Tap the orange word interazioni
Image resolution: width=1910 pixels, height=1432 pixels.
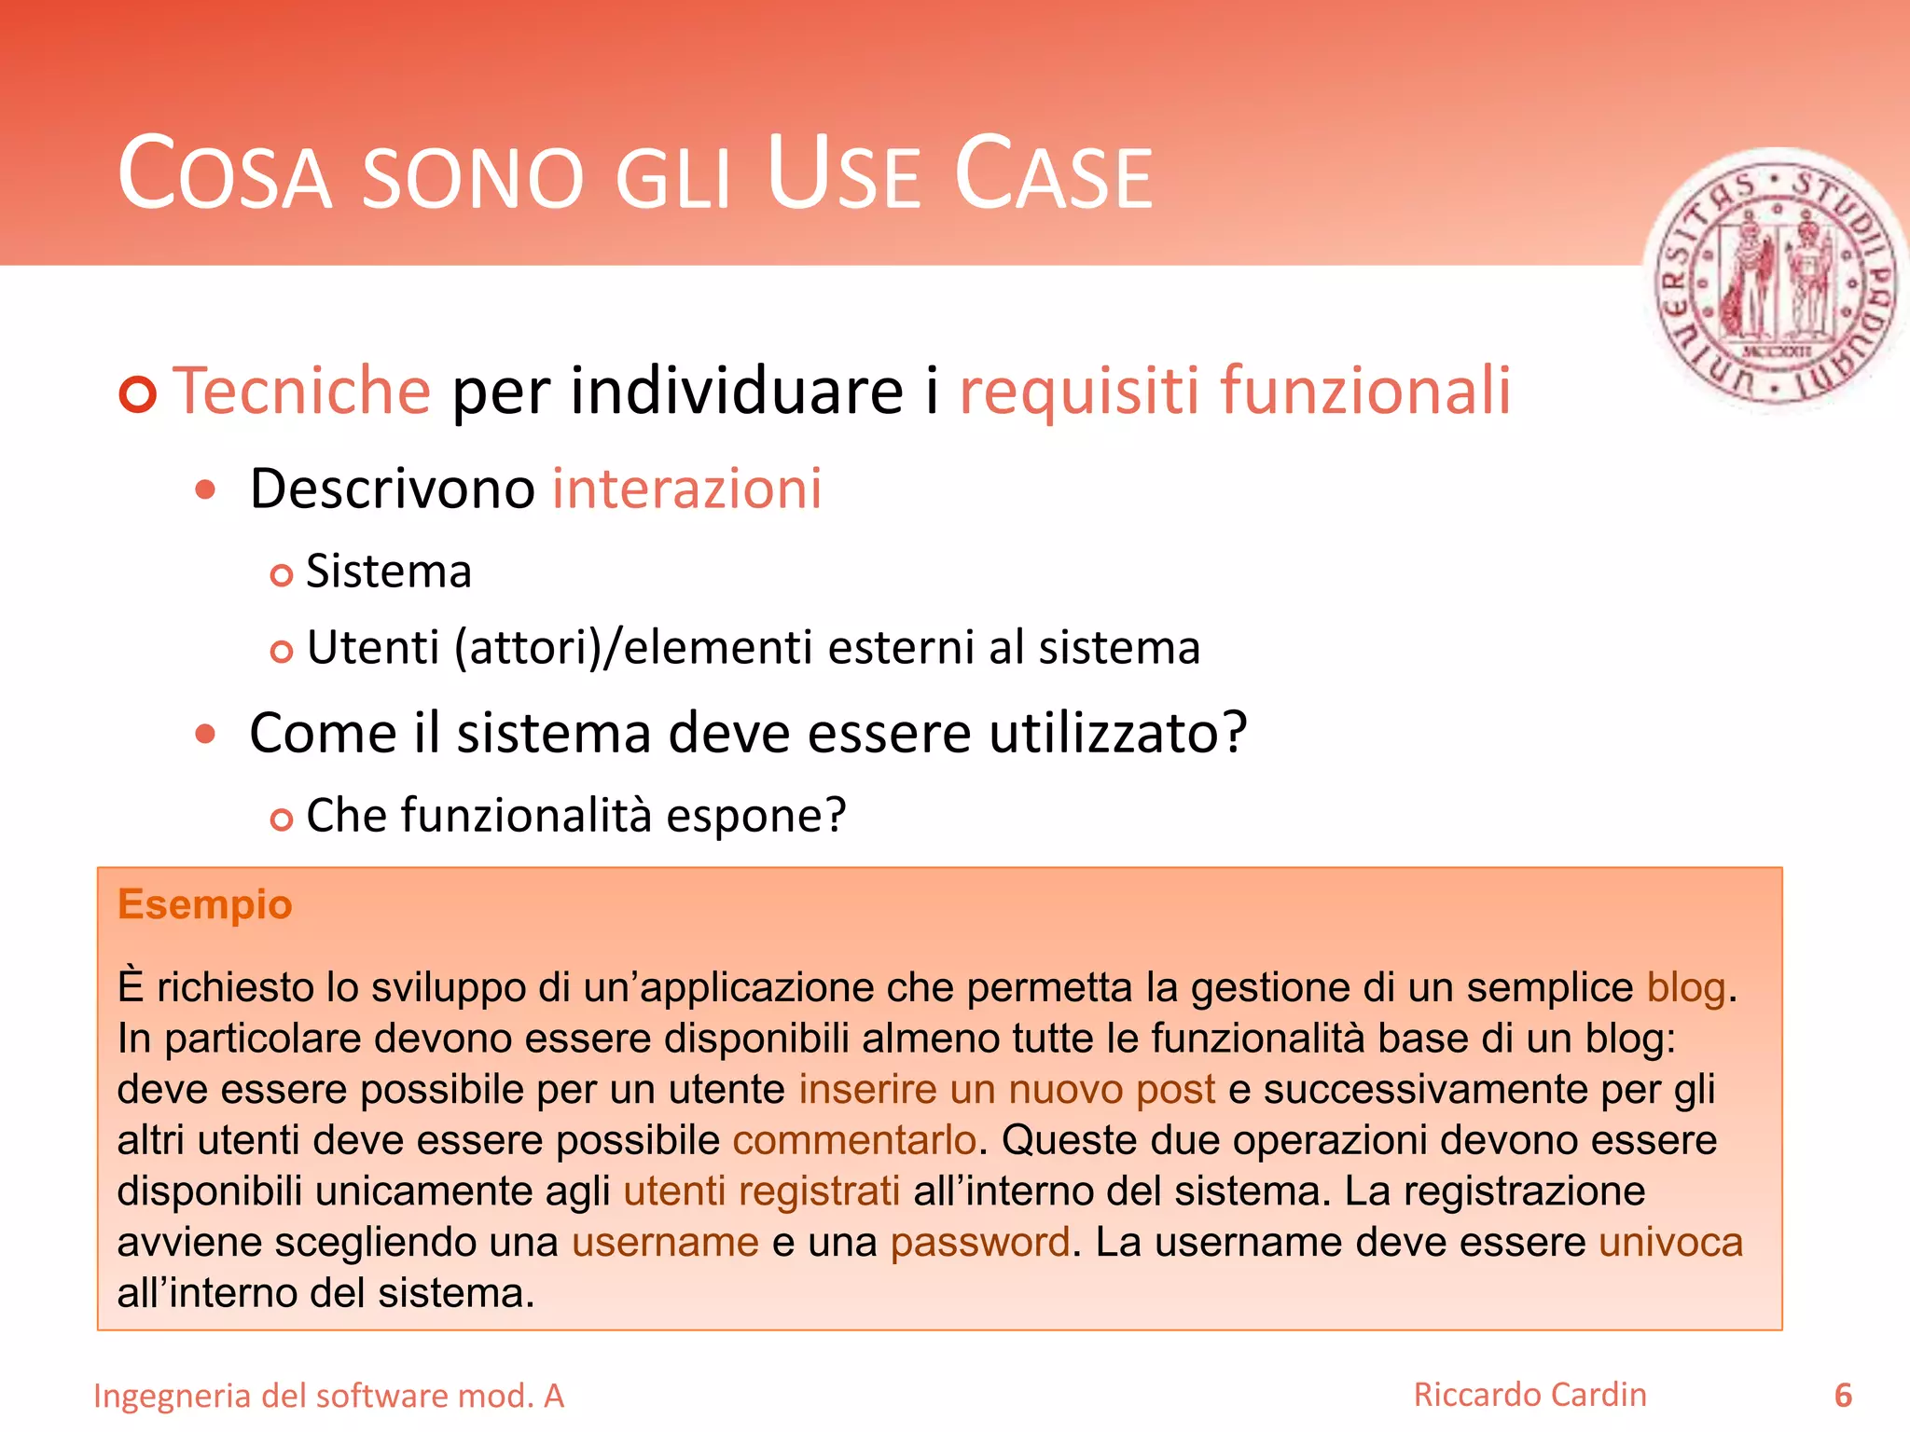click(x=686, y=489)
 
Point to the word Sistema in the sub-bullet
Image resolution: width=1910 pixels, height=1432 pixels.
click(x=389, y=571)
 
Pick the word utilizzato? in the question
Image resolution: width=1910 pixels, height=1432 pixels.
click(x=1117, y=733)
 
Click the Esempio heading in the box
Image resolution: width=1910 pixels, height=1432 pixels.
click(x=205, y=904)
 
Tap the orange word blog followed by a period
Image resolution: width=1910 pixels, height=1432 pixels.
click(x=1686, y=988)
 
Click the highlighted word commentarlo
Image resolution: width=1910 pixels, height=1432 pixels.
click(x=854, y=1140)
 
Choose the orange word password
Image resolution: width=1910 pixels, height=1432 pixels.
click(x=979, y=1243)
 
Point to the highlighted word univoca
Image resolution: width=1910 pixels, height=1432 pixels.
click(x=1670, y=1243)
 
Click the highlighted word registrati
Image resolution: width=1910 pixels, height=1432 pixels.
click(x=819, y=1191)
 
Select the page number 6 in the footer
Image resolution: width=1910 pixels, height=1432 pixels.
click(x=1843, y=1396)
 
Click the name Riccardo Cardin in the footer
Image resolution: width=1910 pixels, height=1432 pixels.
click(x=1529, y=1395)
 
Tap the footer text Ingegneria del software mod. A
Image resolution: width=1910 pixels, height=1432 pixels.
click(x=329, y=1397)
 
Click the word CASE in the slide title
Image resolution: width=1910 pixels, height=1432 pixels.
click(x=1054, y=174)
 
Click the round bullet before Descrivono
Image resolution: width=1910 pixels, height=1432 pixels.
click(x=206, y=490)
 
